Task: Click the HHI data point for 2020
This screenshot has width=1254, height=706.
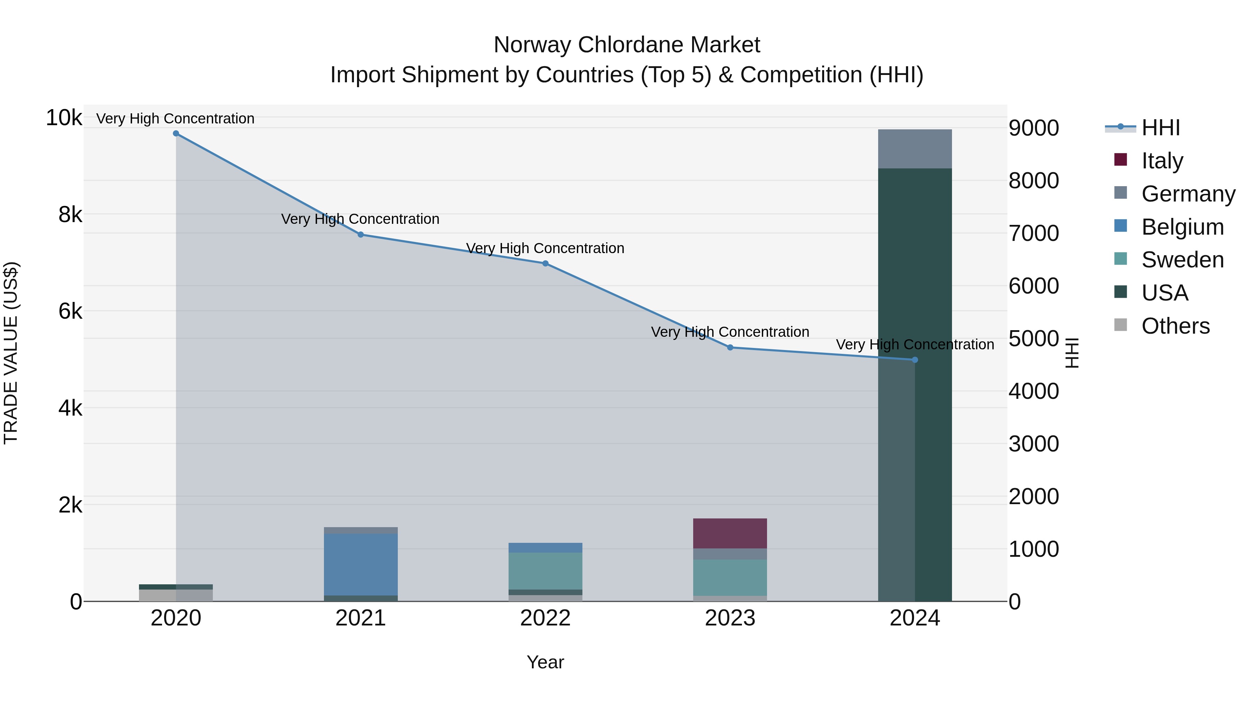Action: pyautogui.click(x=176, y=134)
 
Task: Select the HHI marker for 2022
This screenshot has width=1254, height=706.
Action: pyautogui.click(x=545, y=264)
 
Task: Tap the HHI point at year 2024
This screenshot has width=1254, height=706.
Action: pyautogui.click(x=915, y=360)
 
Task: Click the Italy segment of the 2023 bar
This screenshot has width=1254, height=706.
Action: pyautogui.click(x=730, y=533)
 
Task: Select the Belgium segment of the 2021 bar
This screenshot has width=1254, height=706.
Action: pyautogui.click(x=361, y=564)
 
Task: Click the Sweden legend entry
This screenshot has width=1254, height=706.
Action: pyautogui.click(x=1182, y=260)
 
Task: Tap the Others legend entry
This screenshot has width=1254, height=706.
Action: pyautogui.click(x=1175, y=326)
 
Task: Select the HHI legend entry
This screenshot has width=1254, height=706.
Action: pyautogui.click(x=1161, y=128)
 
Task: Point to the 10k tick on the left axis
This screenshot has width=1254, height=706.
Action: pyautogui.click(x=64, y=117)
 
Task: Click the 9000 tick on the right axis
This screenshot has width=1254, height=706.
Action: pyautogui.click(x=1034, y=128)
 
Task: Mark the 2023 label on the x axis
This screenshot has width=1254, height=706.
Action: pyautogui.click(x=730, y=618)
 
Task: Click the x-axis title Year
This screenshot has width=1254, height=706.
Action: pyautogui.click(x=545, y=662)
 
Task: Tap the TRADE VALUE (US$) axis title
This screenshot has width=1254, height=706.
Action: pyautogui.click(x=11, y=353)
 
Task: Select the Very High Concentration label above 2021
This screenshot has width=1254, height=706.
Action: pyautogui.click(x=360, y=219)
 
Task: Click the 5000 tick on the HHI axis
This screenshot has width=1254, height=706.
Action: pyautogui.click(x=1034, y=339)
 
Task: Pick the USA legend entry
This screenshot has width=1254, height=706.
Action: pyautogui.click(x=1164, y=293)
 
